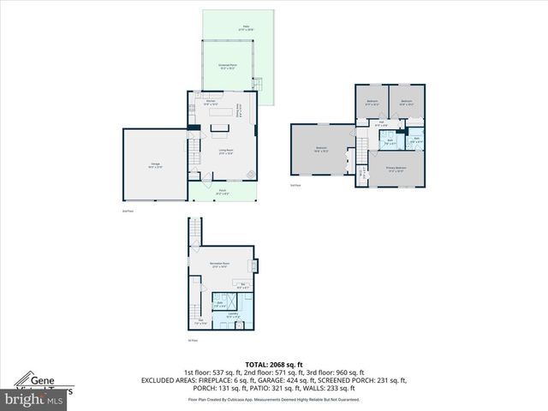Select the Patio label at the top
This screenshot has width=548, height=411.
[245, 28]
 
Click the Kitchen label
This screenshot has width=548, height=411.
[210, 104]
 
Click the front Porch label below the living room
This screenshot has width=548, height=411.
[222, 193]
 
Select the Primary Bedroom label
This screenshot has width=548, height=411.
[395, 170]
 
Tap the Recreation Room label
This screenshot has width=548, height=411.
[222, 264]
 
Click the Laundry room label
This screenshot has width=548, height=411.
[232, 314]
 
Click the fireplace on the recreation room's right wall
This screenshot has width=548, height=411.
[253, 265]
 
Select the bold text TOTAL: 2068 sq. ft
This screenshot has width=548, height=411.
[273, 364]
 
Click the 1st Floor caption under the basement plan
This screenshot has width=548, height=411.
[193, 340]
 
